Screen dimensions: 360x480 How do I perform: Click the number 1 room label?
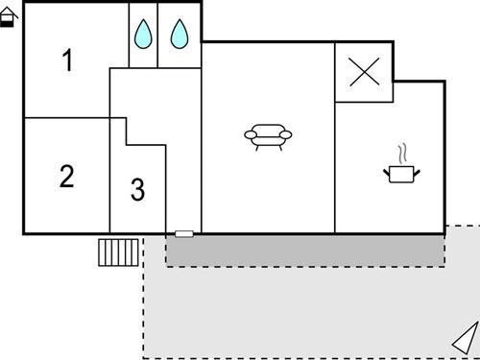(x=67, y=61)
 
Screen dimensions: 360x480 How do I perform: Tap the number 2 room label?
(x=66, y=177)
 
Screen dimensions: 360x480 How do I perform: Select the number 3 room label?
(x=137, y=190)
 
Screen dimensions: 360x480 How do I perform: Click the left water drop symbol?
(x=143, y=36)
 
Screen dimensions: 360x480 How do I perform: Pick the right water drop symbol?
(x=180, y=36)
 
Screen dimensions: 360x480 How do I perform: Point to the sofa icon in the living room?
(x=268, y=137)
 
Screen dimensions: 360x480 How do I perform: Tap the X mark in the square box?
(x=363, y=72)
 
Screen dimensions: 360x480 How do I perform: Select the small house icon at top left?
(x=8, y=16)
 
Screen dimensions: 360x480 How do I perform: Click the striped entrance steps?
(x=119, y=252)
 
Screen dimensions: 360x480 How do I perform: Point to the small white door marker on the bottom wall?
(x=183, y=233)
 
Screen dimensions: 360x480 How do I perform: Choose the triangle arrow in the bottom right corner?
(x=466, y=338)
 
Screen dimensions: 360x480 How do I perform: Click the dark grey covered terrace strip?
(x=305, y=250)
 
